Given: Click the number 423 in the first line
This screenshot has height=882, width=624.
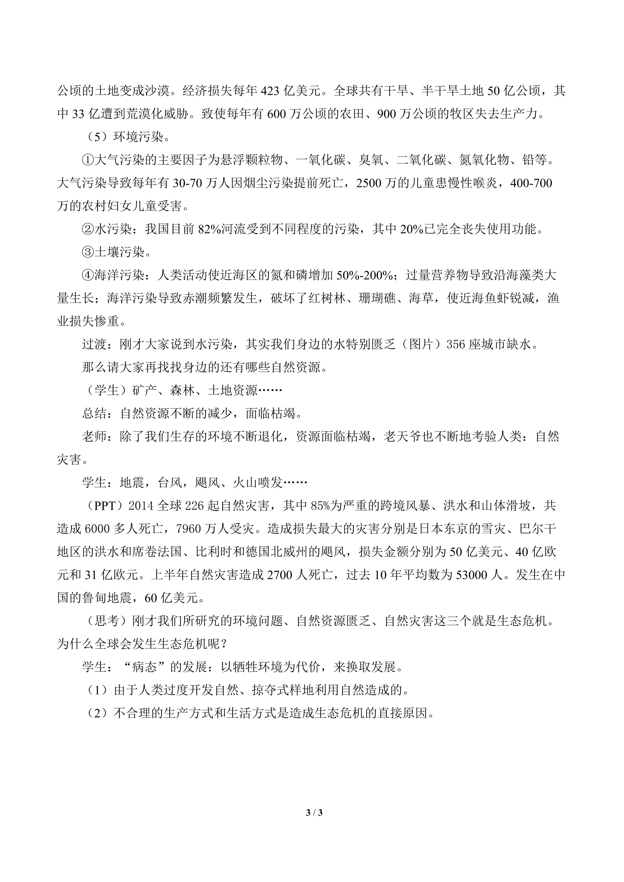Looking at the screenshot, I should [x=272, y=91].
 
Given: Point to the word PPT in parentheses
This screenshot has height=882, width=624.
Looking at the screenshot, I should [x=105, y=506].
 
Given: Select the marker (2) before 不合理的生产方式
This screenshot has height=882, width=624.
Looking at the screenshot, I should [x=95, y=713].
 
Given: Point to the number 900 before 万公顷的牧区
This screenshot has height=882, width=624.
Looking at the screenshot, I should [x=389, y=114].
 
